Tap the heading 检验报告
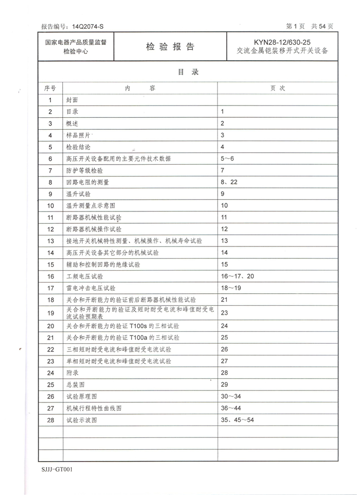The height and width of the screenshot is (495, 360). tap(170, 47)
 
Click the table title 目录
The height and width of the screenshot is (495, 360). tap(188, 73)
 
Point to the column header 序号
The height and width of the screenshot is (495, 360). tap(50, 89)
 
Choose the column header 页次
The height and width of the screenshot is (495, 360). tap(278, 89)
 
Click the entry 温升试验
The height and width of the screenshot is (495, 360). tap(78, 194)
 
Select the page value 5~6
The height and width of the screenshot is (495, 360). tap(227, 158)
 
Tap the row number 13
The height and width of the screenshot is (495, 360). tap(50, 241)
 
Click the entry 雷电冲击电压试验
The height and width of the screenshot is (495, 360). tap(91, 288)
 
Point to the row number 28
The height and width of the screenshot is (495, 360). tap(50, 420)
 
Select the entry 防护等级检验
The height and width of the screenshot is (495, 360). tap(84, 170)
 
